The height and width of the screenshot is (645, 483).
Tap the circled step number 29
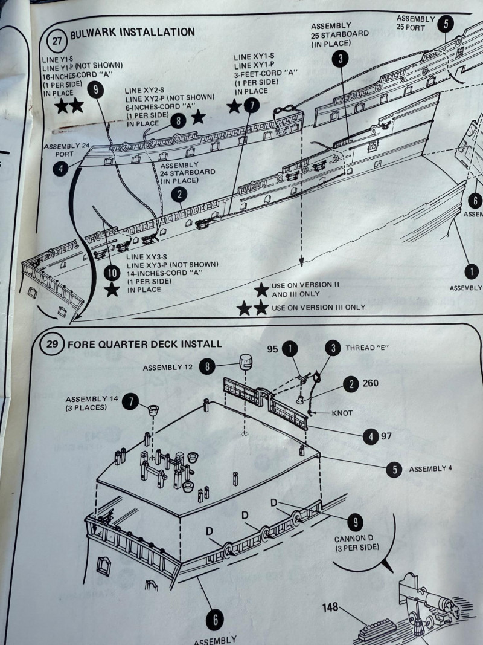click(x=52, y=343)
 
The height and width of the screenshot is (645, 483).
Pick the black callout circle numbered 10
click(x=112, y=273)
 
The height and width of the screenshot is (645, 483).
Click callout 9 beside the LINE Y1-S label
click(x=95, y=89)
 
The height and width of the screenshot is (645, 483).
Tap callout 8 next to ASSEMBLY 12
click(x=207, y=366)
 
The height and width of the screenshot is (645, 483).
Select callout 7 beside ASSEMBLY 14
click(x=130, y=401)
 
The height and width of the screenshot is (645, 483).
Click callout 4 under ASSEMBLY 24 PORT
click(x=60, y=169)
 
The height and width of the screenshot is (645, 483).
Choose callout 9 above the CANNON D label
click(x=355, y=522)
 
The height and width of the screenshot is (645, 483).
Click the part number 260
click(x=371, y=383)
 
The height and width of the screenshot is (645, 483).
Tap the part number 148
click(x=331, y=607)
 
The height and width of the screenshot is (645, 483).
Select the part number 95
click(x=273, y=349)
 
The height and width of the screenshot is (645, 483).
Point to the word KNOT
click(x=342, y=413)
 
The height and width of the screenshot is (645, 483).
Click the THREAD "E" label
click(x=366, y=348)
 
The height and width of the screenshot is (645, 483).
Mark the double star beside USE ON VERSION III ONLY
click(x=252, y=308)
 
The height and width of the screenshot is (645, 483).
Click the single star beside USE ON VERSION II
click(x=261, y=290)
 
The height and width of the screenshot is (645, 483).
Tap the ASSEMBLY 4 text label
click(x=430, y=468)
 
